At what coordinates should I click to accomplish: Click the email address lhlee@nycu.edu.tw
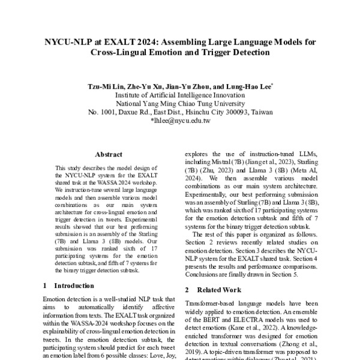(182, 121)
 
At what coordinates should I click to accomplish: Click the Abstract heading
(109, 154)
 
